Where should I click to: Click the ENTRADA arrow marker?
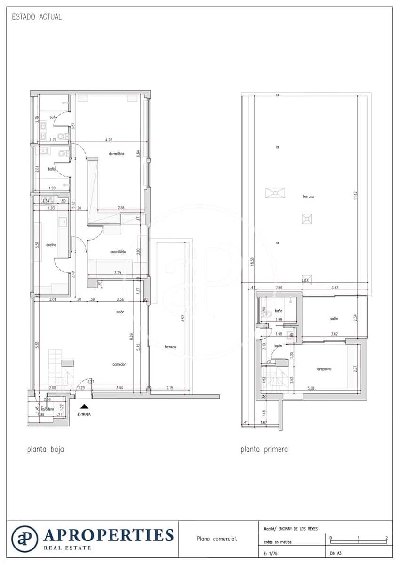pyautogui.click(x=84, y=406)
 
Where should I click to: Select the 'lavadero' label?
pyautogui.click(x=48, y=409)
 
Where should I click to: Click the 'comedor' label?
pyautogui.click(x=119, y=364)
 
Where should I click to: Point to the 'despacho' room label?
pyautogui.click(x=324, y=369)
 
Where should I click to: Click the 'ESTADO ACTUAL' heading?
pyautogui.click(x=36, y=17)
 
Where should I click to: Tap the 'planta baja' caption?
pyautogui.click(x=45, y=449)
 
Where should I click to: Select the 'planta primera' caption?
pyautogui.click(x=264, y=449)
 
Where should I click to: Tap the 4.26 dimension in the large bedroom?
pyautogui.click(x=109, y=140)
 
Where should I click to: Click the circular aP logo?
pyautogui.click(x=24, y=539)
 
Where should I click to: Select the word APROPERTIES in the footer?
pyautogui.click(x=109, y=535)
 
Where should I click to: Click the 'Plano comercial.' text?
pyautogui.click(x=217, y=539)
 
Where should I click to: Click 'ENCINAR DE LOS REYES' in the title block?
pyautogui.click(x=298, y=529)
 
